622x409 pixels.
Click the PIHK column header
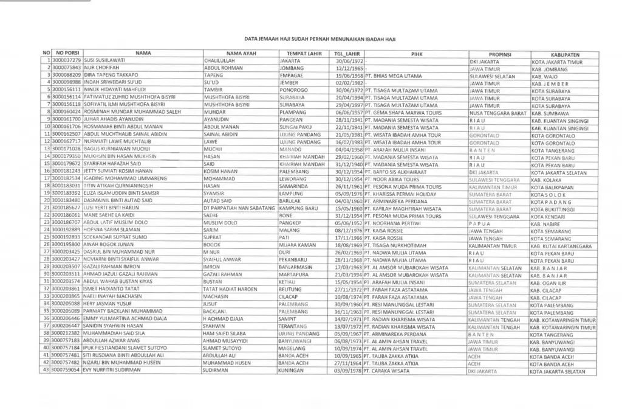tap(416, 54)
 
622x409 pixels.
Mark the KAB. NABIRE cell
tap(547, 223)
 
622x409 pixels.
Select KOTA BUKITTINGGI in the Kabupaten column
tap(553, 209)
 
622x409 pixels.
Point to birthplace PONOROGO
tap(293, 91)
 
